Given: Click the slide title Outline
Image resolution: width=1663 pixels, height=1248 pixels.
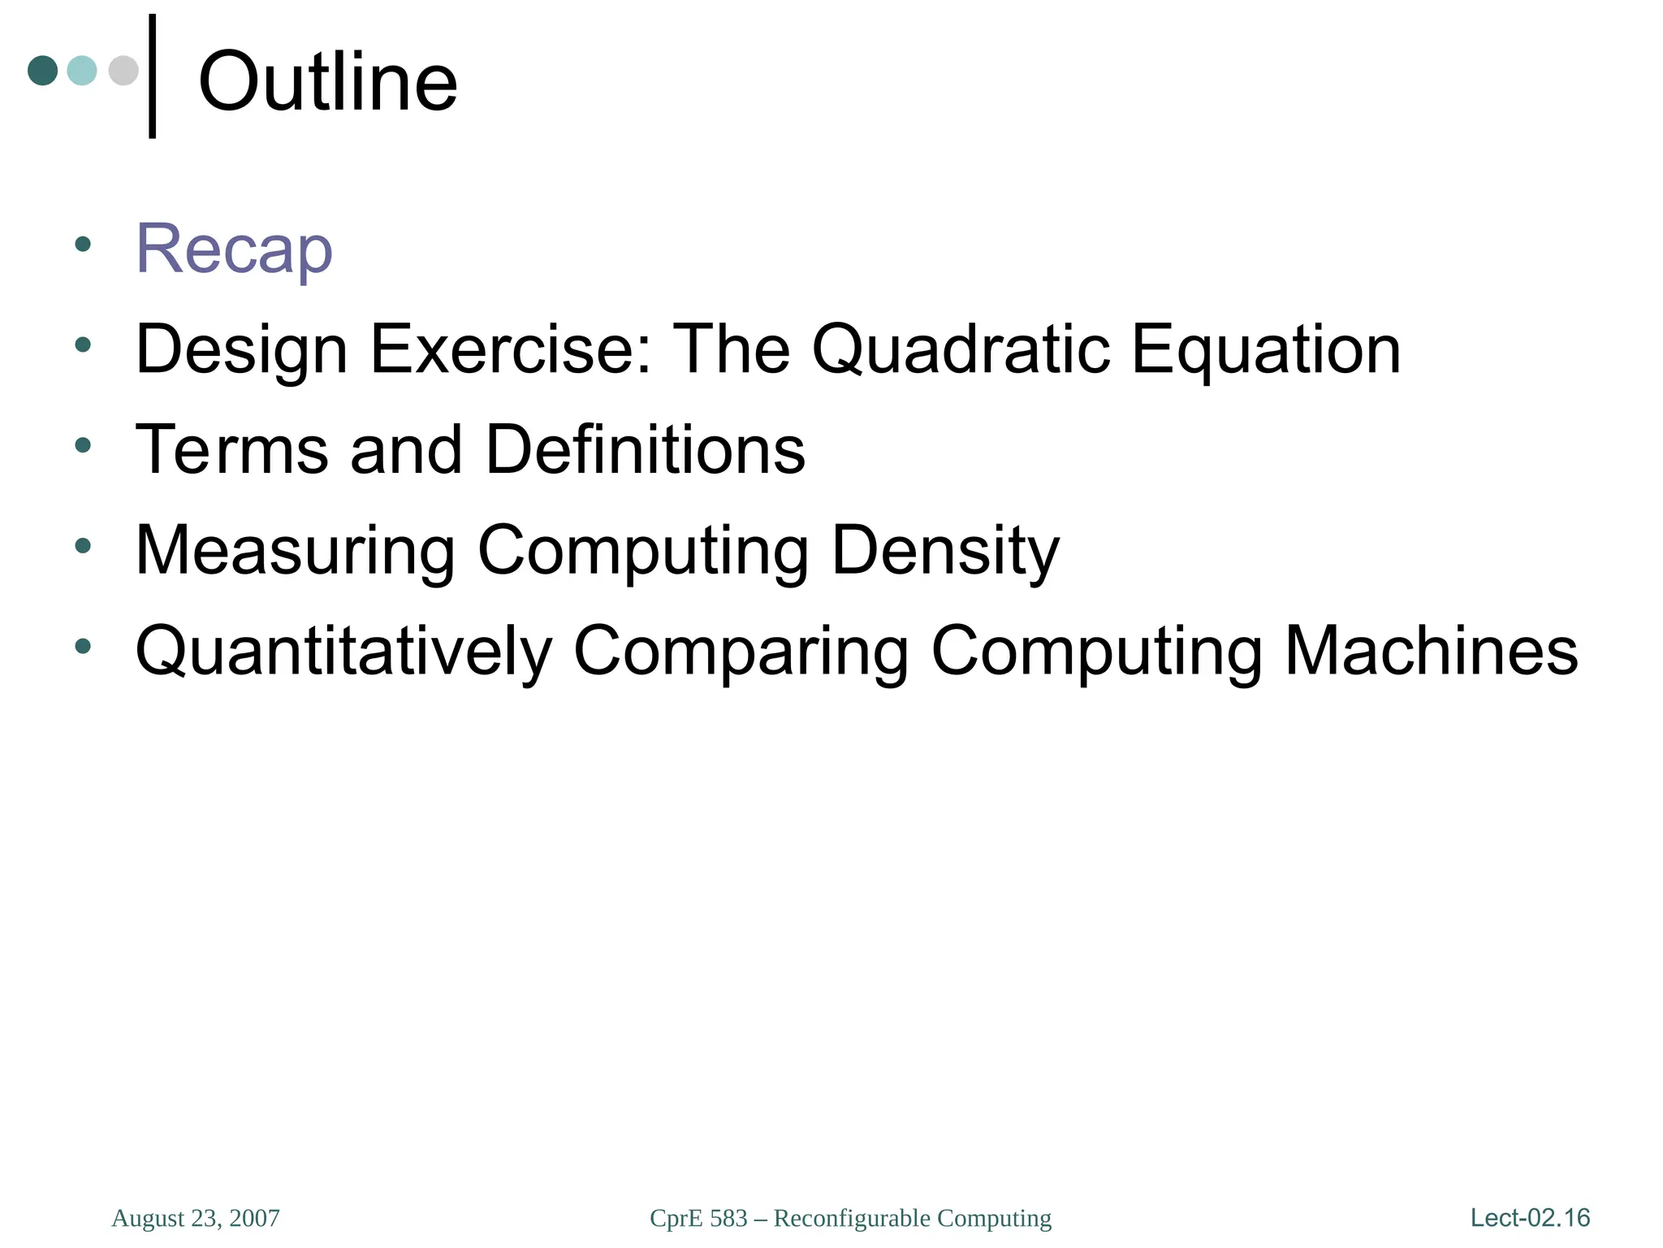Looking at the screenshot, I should click(327, 81).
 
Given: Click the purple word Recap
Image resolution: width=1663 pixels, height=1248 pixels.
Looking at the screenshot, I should click(234, 249).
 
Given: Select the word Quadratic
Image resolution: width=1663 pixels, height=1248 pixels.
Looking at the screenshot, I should click(960, 349).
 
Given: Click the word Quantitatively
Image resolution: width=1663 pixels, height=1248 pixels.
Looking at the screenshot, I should click(343, 651).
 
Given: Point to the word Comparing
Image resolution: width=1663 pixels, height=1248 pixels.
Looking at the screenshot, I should click(741, 651).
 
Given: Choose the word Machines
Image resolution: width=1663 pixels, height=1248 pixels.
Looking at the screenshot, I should click(1431, 651).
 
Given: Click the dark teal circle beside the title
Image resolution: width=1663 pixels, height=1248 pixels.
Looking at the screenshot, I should click(43, 71).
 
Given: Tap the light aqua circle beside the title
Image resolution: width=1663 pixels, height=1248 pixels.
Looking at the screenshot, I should click(82, 71).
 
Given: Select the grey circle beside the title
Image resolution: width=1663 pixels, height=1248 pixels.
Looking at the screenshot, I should click(123, 71).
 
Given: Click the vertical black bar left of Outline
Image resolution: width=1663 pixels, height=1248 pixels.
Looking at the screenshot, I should click(152, 76).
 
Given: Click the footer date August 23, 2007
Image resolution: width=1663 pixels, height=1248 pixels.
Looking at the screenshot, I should click(196, 1218).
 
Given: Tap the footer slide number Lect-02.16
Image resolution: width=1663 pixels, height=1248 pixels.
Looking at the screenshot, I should click(1530, 1217).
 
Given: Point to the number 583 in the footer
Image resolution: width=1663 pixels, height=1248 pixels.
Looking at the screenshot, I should click(728, 1218).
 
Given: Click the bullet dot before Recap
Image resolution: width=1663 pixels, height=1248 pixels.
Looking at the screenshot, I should click(82, 244).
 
